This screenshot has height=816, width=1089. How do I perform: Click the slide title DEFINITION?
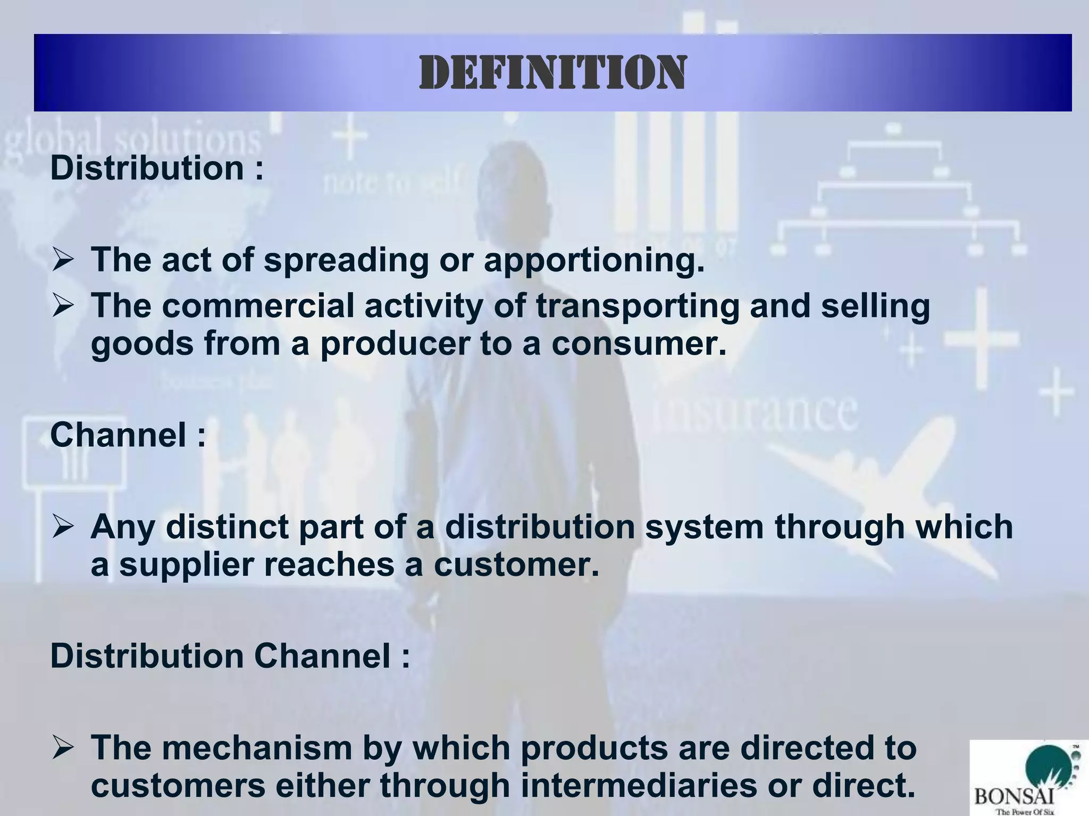pyautogui.click(x=552, y=73)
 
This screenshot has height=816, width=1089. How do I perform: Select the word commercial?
pyautogui.click(x=258, y=306)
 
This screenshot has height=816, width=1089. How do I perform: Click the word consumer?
pyautogui.click(x=638, y=343)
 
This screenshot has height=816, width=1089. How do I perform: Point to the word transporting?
pyautogui.click(x=637, y=307)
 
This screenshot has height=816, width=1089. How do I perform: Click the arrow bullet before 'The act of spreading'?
pyautogui.click(x=63, y=261)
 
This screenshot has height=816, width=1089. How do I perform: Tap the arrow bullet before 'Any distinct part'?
pyautogui.click(x=63, y=528)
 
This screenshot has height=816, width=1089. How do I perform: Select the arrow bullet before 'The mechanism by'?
pyautogui.click(x=63, y=749)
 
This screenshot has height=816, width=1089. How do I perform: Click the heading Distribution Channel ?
pyautogui.click(x=230, y=656)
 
